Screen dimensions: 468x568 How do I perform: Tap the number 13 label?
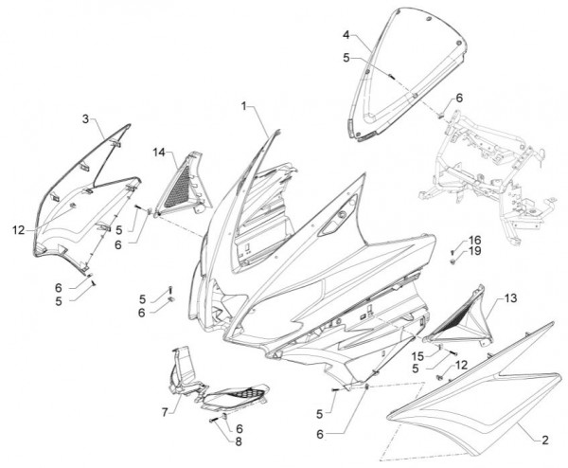click(x=510, y=297)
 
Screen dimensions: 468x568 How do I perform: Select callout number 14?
click(x=160, y=152)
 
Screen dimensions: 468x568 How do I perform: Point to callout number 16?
click(x=474, y=240)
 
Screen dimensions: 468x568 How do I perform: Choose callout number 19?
click(x=474, y=253)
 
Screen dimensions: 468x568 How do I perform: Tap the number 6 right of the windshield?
click(x=459, y=98)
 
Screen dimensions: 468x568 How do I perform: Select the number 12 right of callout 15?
click(x=460, y=365)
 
